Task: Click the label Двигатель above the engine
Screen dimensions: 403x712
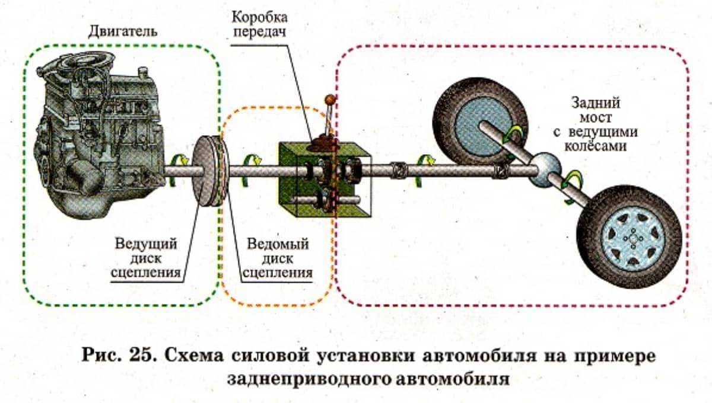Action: (123, 30)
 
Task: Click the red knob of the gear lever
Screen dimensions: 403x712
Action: (330, 99)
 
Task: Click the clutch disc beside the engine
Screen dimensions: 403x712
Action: (211, 172)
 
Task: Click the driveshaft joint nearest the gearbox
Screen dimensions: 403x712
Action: (399, 171)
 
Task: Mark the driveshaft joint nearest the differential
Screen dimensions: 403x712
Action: (500, 171)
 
